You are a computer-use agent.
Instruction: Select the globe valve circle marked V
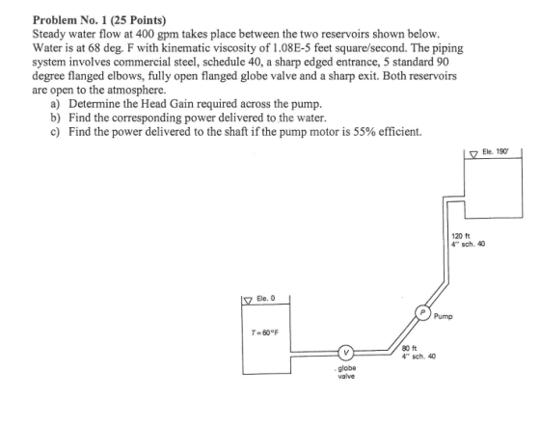point(347,353)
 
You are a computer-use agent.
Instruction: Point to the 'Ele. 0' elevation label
point(266,299)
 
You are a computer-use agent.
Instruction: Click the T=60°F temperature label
point(264,332)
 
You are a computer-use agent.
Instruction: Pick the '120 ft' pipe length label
point(460,236)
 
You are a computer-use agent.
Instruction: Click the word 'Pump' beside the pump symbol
point(444,316)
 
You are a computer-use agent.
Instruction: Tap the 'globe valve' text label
point(346,372)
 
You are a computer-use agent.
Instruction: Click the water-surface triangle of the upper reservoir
point(474,155)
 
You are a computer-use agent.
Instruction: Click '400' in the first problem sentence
point(144,34)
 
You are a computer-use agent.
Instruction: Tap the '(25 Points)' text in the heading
point(138,20)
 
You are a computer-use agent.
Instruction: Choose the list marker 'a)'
point(55,104)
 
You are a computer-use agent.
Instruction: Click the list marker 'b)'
point(55,118)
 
